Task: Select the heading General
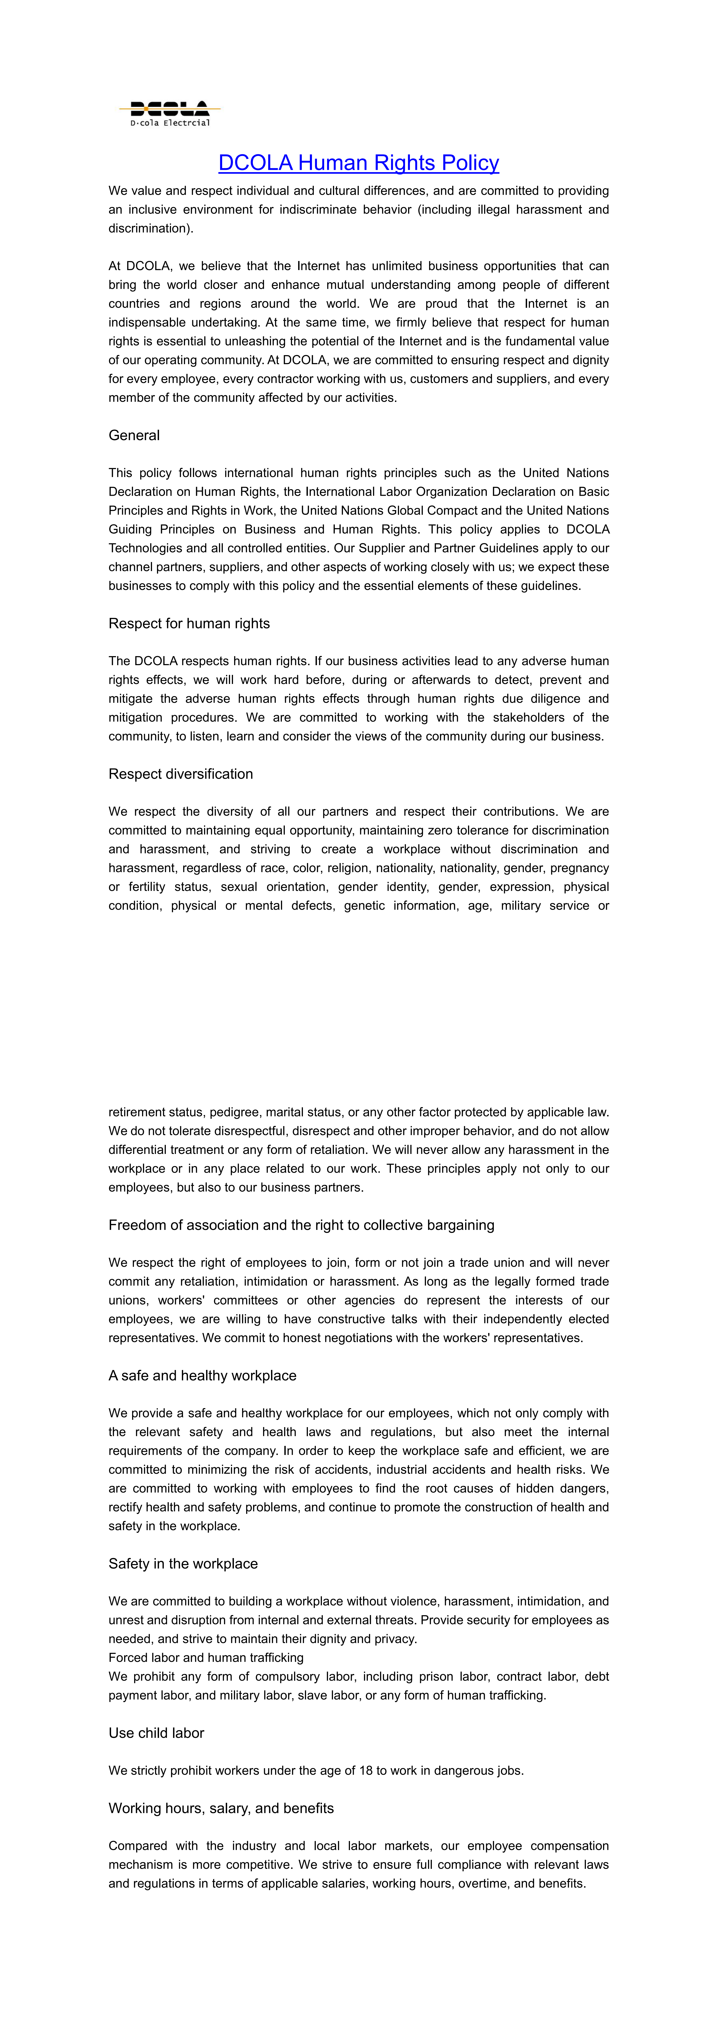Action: click(134, 435)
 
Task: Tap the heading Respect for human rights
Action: click(189, 624)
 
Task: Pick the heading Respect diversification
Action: click(181, 774)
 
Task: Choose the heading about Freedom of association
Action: click(301, 1225)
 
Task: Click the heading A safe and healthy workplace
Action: click(203, 1376)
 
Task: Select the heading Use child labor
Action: click(156, 1733)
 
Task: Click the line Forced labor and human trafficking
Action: click(206, 1657)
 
